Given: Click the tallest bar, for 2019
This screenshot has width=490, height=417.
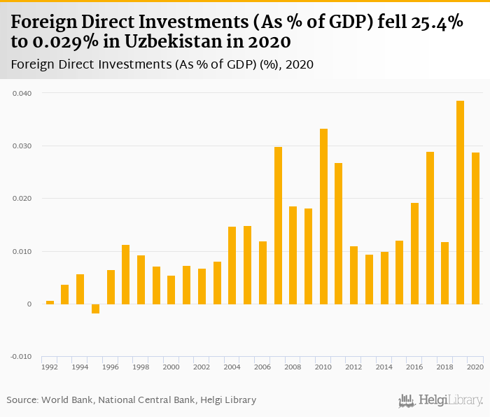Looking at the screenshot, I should tap(461, 202).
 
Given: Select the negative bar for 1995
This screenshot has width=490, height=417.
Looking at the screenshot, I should tap(95, 309).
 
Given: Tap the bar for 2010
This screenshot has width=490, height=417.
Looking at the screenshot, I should tap(323, 216).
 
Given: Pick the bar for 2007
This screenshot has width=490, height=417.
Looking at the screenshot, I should tap(278, 225).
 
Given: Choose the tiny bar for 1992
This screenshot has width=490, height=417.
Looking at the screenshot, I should tap(50, 302).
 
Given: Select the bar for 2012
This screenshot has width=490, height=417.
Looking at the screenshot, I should tap(354, 275).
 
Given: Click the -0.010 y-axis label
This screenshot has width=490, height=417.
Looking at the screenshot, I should tap(21, 357).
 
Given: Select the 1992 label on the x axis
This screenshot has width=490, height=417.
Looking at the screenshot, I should tap(50, 367).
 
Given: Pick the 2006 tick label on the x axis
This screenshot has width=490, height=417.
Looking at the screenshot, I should tap(262, 367).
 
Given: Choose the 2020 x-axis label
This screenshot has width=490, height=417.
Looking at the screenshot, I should tap(476, 367).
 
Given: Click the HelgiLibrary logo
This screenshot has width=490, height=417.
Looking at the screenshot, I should tap(441, 400).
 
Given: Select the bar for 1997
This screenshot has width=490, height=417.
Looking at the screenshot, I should tap(126, 274).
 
